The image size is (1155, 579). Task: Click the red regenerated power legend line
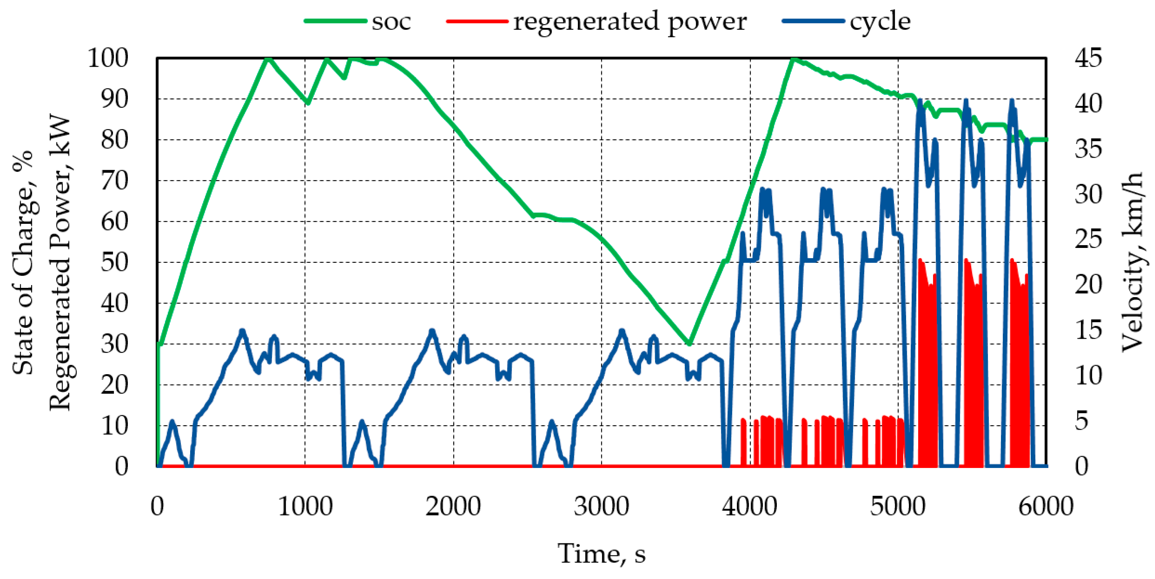(x=477, y=21)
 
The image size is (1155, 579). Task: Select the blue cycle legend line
(x=813, y=21)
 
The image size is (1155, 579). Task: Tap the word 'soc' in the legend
(x=391, y=22)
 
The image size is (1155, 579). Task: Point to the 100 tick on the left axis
(x=108, y=58)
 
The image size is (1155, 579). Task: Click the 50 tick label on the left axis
(x=115, y=262)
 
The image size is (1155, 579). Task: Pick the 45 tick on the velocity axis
(x=1088, y=58)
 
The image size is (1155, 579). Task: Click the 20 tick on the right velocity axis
(x=1088, y=285)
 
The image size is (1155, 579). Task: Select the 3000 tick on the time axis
(x=601, y=507)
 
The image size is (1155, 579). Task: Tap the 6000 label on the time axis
(x=1046, y=507)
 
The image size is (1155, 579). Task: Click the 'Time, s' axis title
(x=601, y=554)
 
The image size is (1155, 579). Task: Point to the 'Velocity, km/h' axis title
(x=1133, y=262)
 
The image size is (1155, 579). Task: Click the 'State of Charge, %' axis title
(x=22, y=262)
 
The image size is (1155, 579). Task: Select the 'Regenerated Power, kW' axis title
(x=59, y=262)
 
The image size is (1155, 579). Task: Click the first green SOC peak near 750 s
(x=268, y=59)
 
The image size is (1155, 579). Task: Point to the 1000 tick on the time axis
(x=305, y=507)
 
